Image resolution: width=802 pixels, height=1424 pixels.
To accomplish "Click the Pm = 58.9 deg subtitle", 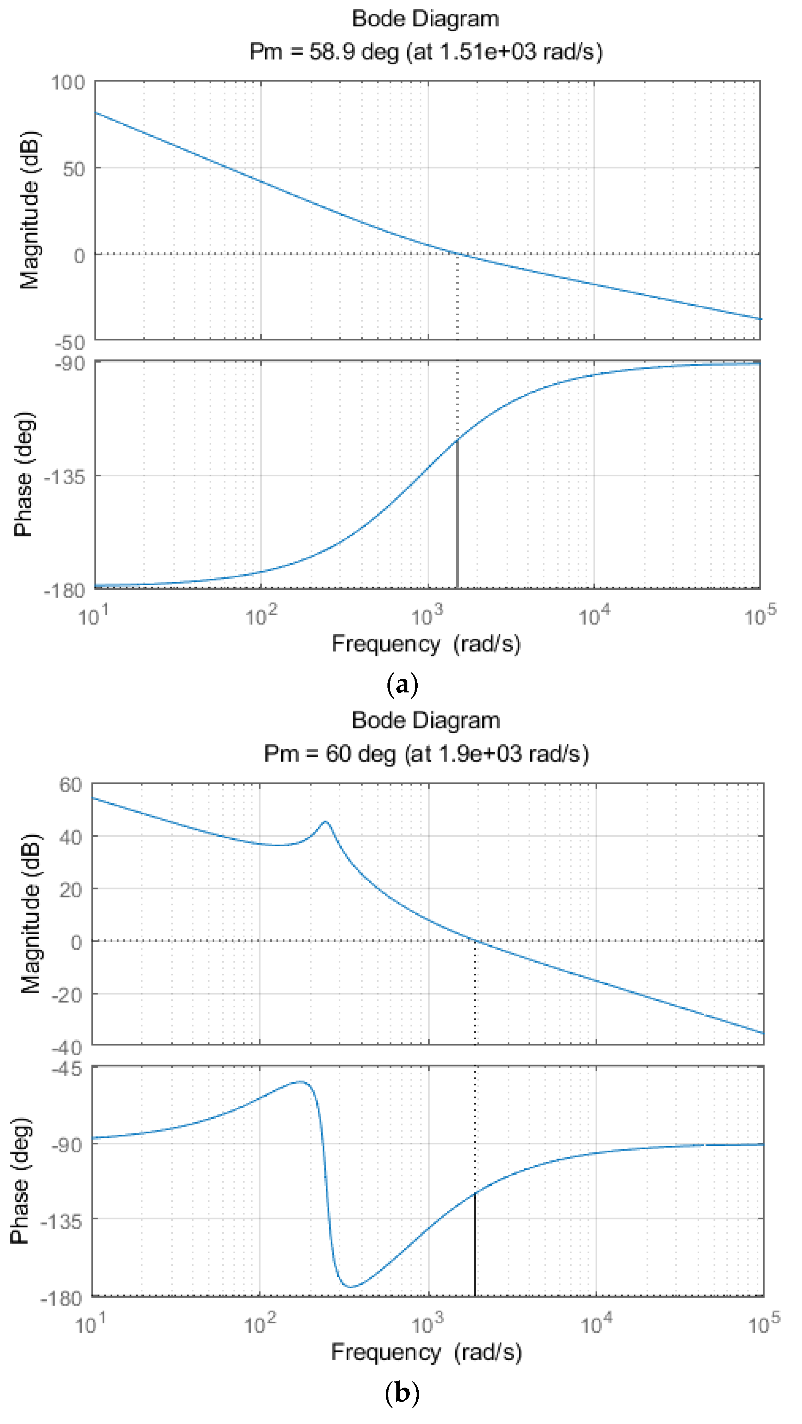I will coord(426,52).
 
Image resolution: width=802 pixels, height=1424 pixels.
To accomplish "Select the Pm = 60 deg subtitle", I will coord(426,754).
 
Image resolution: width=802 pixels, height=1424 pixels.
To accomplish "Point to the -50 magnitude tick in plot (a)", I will coord(70,343).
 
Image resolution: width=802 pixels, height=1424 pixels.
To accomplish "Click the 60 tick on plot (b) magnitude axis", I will coord(71,785).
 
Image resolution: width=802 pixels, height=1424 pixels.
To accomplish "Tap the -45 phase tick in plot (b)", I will coord(67,1069).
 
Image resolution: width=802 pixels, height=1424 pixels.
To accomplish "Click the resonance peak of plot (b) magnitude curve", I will coord(326,822).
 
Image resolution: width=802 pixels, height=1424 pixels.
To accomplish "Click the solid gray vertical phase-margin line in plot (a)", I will coord(457,514).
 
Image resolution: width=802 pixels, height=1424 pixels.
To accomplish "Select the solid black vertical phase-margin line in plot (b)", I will coord(475,1244).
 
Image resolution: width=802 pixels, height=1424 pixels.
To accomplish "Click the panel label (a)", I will coord(402,685).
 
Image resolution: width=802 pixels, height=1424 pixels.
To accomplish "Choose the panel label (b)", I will coord(402,1393).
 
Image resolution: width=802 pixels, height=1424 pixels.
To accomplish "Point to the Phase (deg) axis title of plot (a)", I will coord(23,474).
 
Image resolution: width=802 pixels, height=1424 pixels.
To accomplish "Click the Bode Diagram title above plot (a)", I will coord(426,19).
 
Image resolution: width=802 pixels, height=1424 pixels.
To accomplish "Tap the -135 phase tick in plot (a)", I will coord(65,476).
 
